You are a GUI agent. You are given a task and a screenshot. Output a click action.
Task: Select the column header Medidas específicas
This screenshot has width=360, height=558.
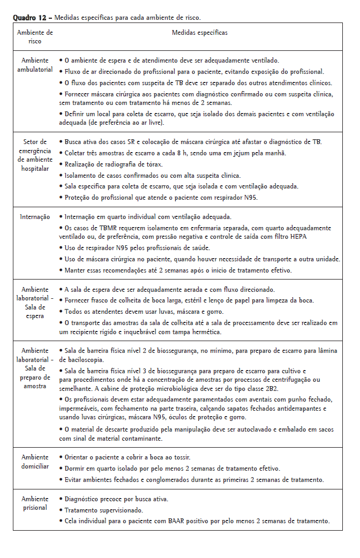(199, 33)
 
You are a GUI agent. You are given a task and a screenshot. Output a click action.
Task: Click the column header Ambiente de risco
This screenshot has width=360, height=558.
(35, 36)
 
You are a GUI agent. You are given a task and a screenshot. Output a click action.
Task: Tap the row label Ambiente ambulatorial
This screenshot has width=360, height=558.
(35, 65)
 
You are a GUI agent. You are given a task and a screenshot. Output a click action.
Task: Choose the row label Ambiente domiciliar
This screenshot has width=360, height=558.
(35, 462)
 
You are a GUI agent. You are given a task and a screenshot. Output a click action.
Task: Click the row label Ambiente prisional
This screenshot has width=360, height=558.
(35, 503)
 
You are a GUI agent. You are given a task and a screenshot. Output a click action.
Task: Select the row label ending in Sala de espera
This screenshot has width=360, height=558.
(35, 303)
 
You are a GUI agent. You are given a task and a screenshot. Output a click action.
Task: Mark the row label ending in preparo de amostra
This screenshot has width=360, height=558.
(35, 368)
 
